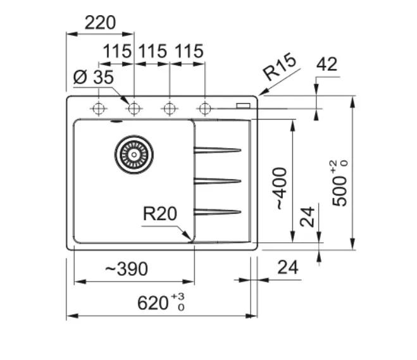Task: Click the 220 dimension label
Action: [x=101, y=23]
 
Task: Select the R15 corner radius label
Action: [x=279, y=68]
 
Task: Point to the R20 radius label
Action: [x=159, y=214]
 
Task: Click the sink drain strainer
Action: [x=134, y=152]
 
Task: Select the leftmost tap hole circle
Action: [x=99, y=109]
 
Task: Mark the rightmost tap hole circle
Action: [x=204, y=109]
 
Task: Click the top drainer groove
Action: [x=217, y=150]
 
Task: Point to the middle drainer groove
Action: [x=217, y=180]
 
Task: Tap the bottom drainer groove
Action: [x=217, y=211]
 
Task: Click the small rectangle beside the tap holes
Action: [x=243, y=106]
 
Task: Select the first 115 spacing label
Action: [x=116, y=51]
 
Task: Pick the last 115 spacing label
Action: [x=187, y=51]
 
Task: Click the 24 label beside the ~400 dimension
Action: [x=308, y=218]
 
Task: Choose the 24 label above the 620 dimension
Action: [x=287, y=268]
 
